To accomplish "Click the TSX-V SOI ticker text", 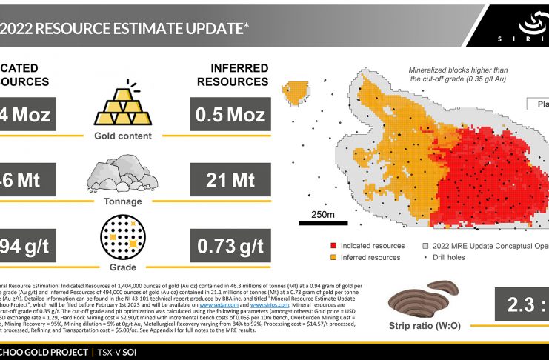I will click(x=130, y=351).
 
